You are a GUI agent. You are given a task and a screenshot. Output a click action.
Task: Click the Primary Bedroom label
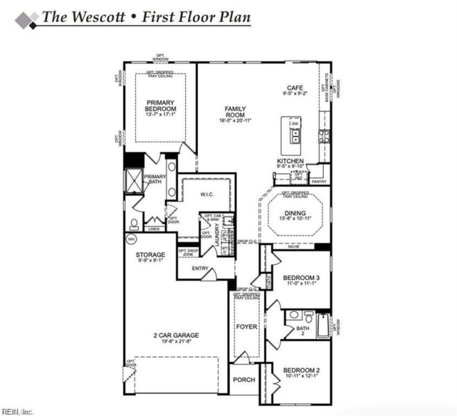coord(160,106)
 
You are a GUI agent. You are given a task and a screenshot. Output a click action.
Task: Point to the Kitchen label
coord(291,161)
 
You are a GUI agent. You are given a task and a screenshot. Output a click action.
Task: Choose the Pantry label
coord(318,181)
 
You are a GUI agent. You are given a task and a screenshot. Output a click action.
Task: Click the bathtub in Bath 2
coord(324,326)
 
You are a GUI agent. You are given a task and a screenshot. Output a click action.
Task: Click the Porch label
coord(243,379)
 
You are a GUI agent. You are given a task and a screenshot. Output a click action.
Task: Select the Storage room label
coord(150,255)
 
